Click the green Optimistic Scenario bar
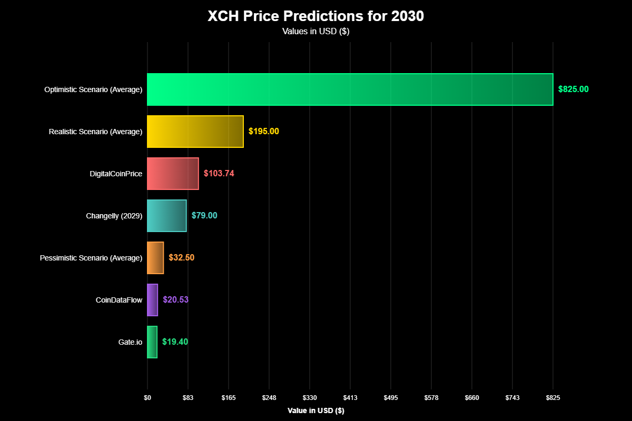[x=350, y=89]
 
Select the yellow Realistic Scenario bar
[x=195, y=132]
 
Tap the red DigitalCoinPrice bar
[x=173, y=174]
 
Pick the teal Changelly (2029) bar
[x=166, y=216]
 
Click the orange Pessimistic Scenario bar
[x=155, y=258]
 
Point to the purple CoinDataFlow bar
[x=152, y=300]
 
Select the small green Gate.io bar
[x=152, y=342]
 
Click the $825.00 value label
[x=574, y=89]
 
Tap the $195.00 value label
[x=264, y=132]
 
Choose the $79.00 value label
[x=204, y=216]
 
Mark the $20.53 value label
[x=175, y=300]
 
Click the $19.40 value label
[x=175, y=342]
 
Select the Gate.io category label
[x=131, y=342]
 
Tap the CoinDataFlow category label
[x=119, y=300]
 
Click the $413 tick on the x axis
[x=350, y=398]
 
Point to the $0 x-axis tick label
[x=147, y=398]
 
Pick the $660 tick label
[x=472, y=398]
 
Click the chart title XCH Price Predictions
[x=316, y=16]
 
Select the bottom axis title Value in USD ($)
[x=316, y=410]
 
